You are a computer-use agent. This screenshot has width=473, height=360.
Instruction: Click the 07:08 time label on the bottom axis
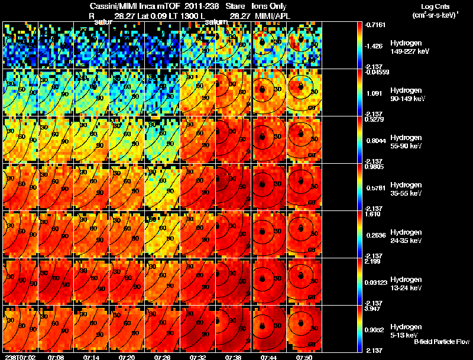(x=57, y=357)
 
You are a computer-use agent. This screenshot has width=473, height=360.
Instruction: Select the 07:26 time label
(x=163, y=357)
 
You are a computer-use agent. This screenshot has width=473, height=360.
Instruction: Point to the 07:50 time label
(x=304, y=357)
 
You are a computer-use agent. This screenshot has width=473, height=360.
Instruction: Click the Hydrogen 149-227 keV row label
(x=405, y=47)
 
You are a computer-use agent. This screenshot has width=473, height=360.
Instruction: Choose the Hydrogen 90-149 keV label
(x=405, y=95)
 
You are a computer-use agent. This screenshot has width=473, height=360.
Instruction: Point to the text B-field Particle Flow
(x=442, y=342)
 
